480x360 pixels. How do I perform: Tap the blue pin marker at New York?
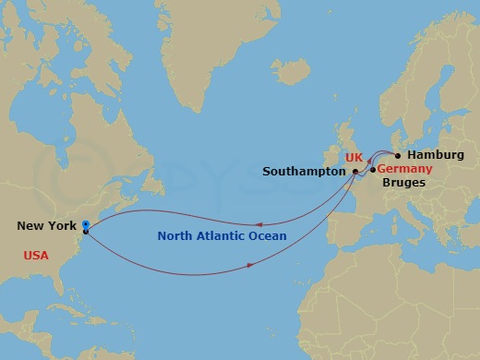pyautogui.click(x=86, y=224)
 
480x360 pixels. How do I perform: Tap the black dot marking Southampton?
pyautogui.click(x=355, y=172)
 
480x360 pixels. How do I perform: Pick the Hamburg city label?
pyautogui.click(x=433, y=156)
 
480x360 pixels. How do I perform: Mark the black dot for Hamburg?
pyautogui.click(x=398, y=155)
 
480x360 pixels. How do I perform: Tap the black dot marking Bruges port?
pyautogui.click(x=372, y=170)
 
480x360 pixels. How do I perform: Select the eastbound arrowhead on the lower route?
pyautogui.click(x=250, y=267)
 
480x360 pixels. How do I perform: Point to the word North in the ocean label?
pyautogui.click(x=175, y=236)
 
